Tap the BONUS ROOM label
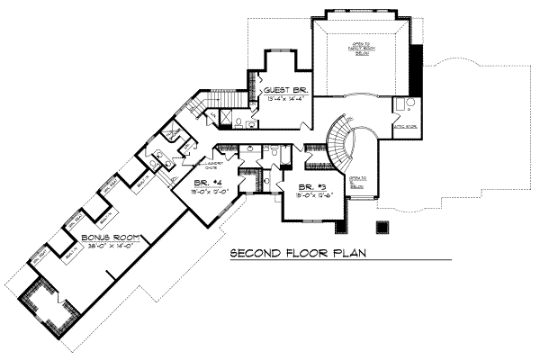click(x=107, y=238)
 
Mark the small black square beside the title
click(x=382, y=226)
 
